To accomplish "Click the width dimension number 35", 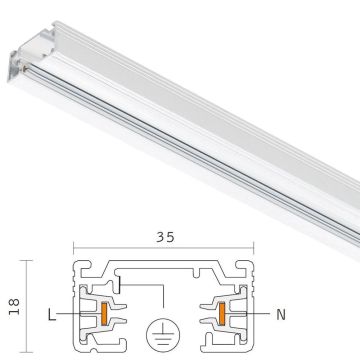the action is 165,237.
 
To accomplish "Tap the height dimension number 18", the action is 14,307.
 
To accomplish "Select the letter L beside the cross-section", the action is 52,314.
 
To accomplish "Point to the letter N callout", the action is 281,315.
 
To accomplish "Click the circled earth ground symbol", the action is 163,333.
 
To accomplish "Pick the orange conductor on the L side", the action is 104,314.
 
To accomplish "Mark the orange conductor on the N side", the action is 222,314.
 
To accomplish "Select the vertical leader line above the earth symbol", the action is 163,296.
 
